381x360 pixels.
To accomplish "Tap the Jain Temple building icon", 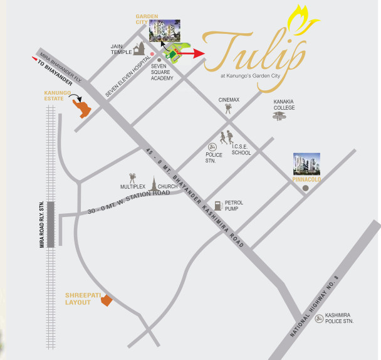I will pyautogui.click(x=139, y=48).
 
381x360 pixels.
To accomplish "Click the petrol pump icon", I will pyautogui.click(x=217, y=204).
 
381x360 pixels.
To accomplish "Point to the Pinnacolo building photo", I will pyautogui.click(x=307, y=164).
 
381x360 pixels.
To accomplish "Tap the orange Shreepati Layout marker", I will pyautogui.click(x=107, y=300).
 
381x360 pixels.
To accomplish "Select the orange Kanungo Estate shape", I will pyautogui.click(x=81, y=108).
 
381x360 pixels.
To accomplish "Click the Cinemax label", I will pyautogui.click(x=229, y=100).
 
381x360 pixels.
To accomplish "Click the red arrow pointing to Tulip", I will pyautogui.click(x=192, y=54).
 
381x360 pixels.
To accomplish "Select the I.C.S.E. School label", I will pyautogui.click(x=241, y=150).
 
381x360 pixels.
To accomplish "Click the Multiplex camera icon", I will pyautogui.click(x=133, y=178).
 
